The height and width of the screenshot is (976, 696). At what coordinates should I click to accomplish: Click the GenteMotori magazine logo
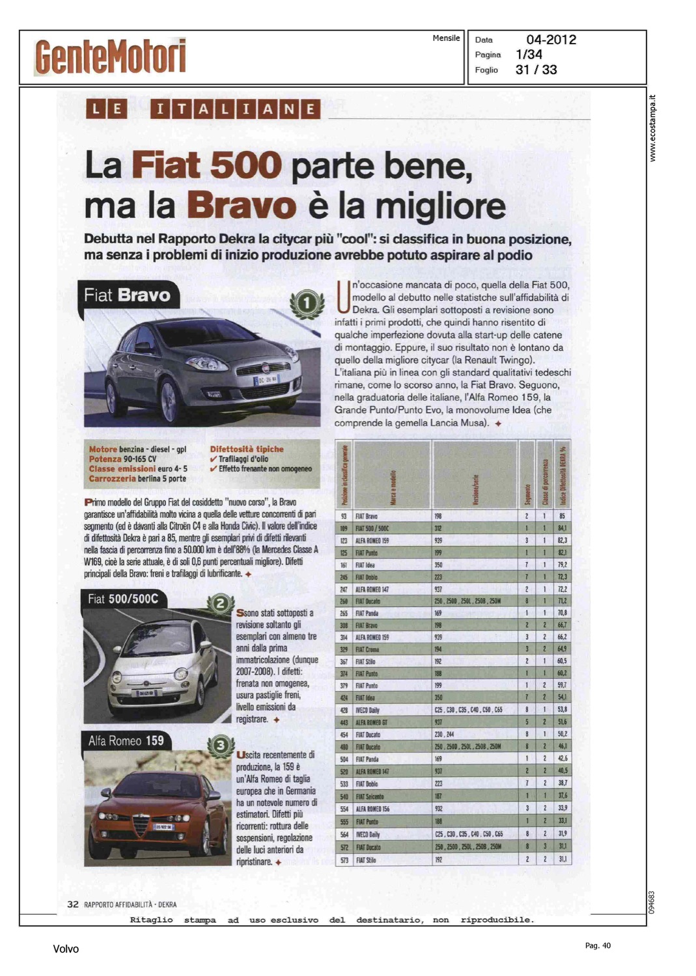(111, 57)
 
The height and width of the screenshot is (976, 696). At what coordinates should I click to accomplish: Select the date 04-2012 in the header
(551, 40)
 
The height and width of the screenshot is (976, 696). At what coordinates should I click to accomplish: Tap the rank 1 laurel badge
(306, 303)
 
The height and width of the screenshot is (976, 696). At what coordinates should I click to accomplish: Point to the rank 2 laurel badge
(220, 604)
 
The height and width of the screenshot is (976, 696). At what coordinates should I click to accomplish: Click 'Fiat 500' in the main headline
(206, 165)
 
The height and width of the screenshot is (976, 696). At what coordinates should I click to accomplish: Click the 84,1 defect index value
(562, 528)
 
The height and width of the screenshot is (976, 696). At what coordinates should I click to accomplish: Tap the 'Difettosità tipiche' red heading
(247, 449)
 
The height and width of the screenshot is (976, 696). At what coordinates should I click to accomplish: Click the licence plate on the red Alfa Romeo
(163, 826)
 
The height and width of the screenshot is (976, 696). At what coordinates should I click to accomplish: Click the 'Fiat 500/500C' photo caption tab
(123, 599)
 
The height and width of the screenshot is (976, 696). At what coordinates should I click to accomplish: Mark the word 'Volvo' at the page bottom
(66, 949)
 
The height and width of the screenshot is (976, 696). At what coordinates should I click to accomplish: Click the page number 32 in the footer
(73, 904)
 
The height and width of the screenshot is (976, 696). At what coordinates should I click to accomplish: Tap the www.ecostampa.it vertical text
(653, 128)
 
